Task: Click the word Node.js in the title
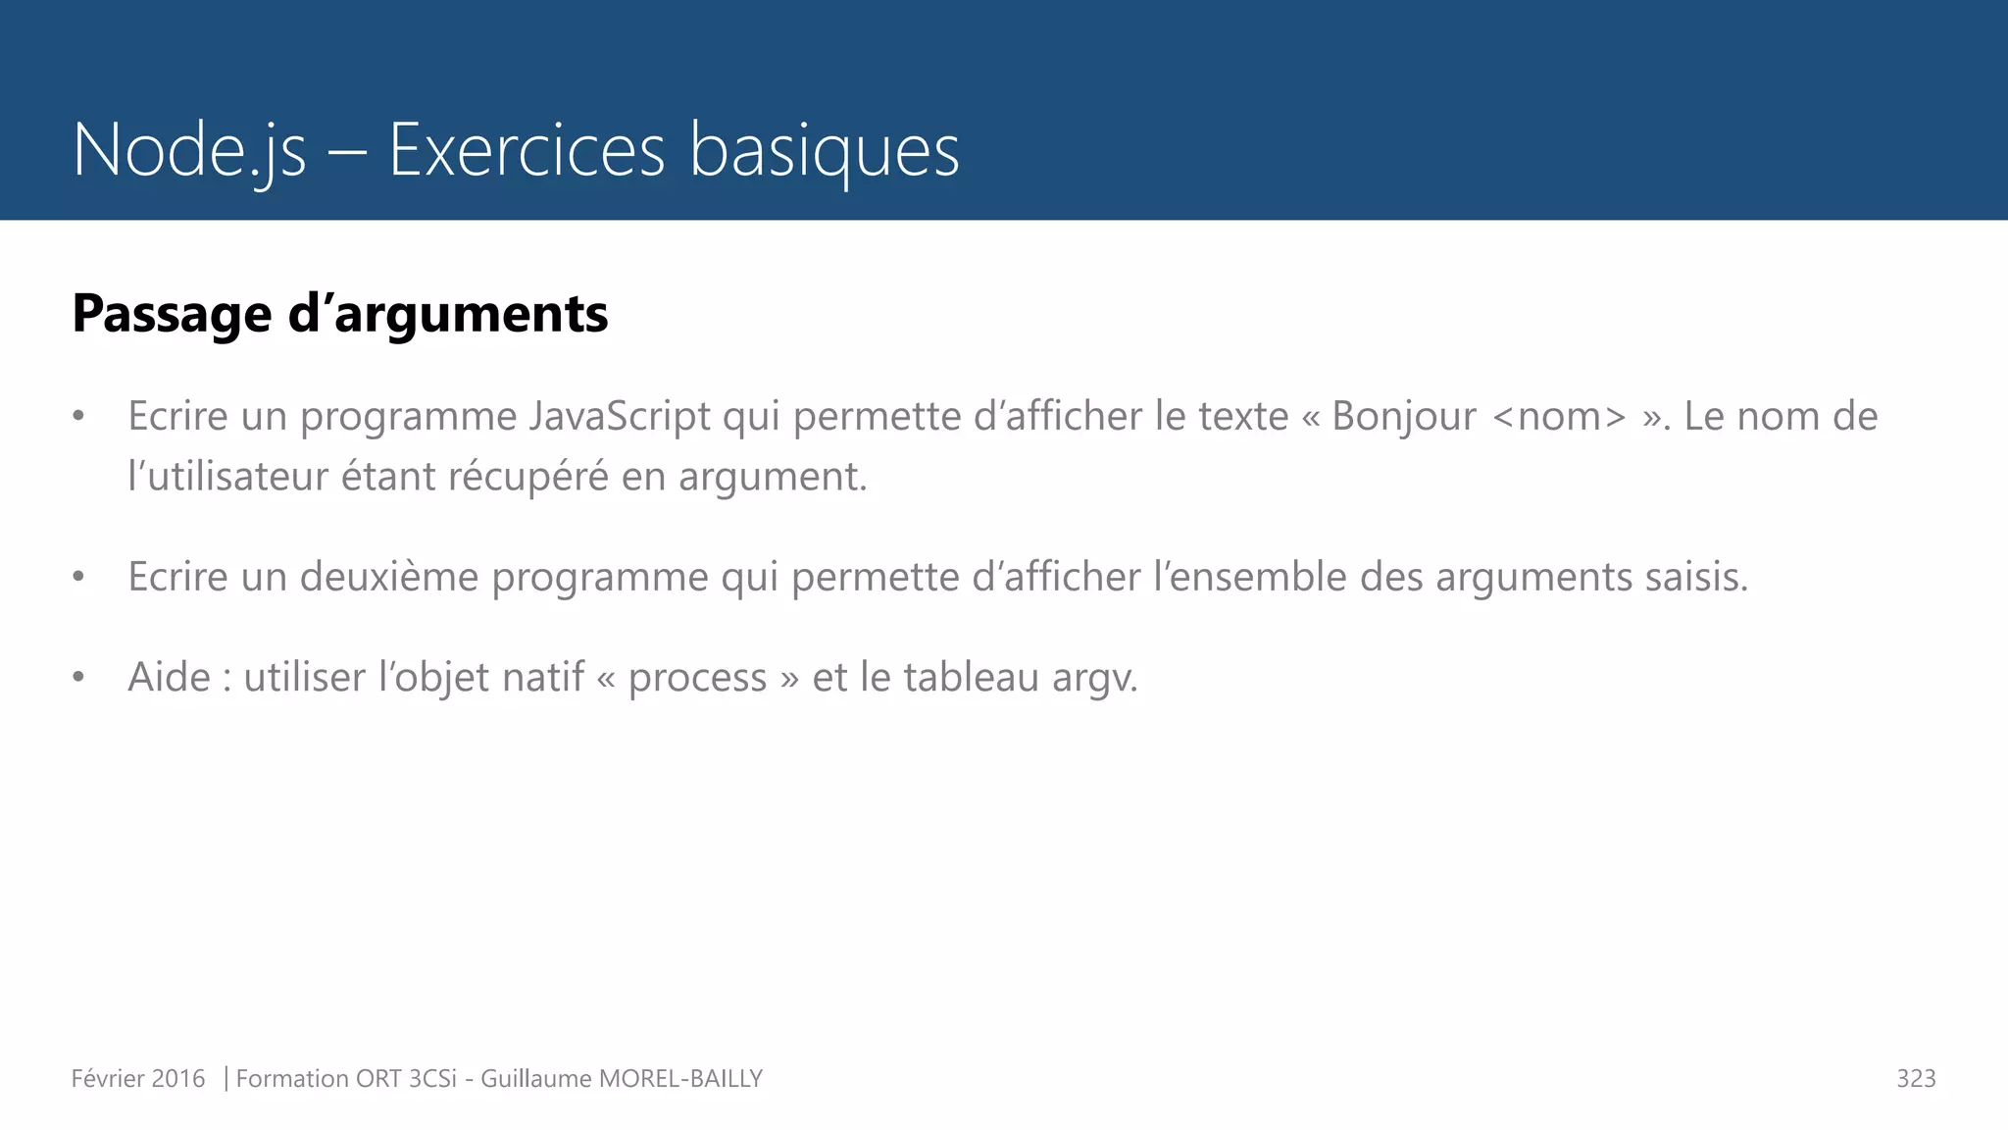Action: coord(189,150)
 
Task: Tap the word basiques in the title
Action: coord(824,150)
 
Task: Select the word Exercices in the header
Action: coord(527,150)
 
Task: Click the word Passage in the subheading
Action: coord(172,314)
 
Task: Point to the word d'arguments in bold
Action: coord(448,314)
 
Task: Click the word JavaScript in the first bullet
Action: coord(620,417)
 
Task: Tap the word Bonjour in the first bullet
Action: coord(1403,417)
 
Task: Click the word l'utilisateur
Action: coord(227,477)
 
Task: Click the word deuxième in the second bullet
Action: coord(389,577)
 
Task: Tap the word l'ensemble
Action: coord(1250,577)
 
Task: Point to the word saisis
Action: coord(1696,577)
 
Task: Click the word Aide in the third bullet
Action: coord(169,678)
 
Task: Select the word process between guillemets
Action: coord(697,678)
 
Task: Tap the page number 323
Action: coord(1916,1079)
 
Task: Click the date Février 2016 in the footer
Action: coord(138,1079)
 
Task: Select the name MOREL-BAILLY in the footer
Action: coord(680,1079)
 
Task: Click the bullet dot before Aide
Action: coord(78,678)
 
